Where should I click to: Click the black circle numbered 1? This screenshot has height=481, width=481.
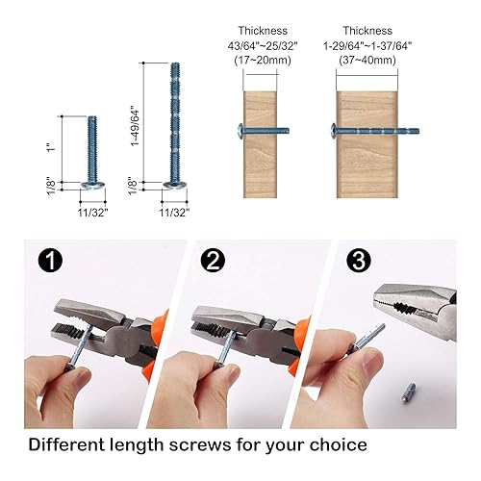50,261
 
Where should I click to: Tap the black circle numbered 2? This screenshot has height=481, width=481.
213,261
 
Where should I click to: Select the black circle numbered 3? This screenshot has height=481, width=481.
359,261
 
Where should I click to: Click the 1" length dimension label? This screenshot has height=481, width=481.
51,149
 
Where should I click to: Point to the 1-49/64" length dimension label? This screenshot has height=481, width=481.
136,128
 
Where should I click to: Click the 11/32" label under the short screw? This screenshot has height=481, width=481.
92,213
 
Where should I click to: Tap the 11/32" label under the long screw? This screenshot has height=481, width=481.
174,213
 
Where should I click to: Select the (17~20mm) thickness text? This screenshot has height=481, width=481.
263,61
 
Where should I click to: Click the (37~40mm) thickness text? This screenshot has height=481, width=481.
367,61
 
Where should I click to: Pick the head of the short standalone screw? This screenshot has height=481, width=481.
92,185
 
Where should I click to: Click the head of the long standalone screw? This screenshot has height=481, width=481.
175,185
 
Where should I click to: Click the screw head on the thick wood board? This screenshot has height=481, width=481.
333,131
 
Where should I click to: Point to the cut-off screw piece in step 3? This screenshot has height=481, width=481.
408,392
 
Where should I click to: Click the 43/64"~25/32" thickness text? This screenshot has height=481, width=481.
263,46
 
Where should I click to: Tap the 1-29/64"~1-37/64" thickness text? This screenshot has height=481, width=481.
367,46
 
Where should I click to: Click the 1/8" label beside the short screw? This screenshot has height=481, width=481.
51,186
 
